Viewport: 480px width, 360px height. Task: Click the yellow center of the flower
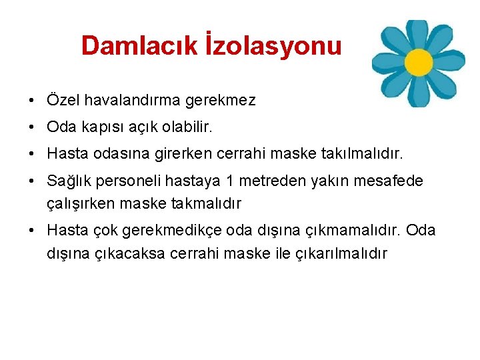pyautogui.click(x=419, y=62)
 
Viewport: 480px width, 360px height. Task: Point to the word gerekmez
pyautogui.click(x=217, y=101)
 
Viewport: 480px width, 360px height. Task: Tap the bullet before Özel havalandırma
pyautogui.click(x=31, y=101)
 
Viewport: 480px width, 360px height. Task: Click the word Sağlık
pyautogui.click(x=68, y=181)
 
